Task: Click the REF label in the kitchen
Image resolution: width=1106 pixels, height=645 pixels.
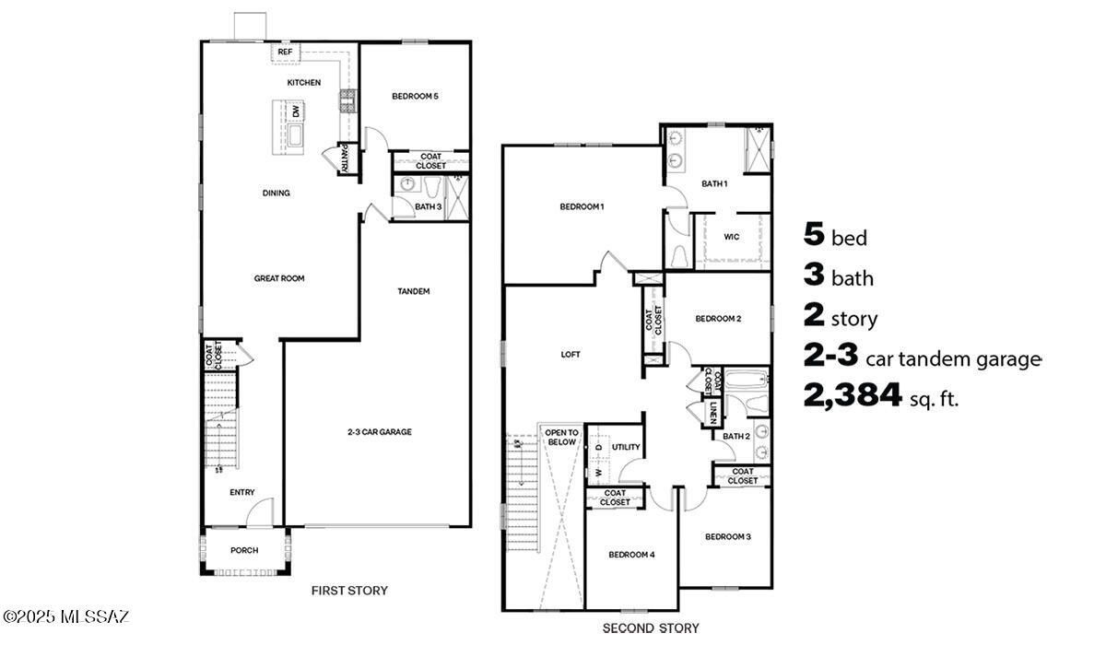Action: pos(286,53)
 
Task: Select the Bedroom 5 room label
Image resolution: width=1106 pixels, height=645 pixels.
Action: pos(414,96)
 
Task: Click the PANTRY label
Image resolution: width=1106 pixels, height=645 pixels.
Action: pos(344,159)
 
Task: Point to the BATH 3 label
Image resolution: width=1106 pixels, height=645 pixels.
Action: pos(428,207)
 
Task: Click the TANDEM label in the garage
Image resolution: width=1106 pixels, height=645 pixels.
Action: pos(413,291)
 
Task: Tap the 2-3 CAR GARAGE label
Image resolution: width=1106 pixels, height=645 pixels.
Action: pos(379,431)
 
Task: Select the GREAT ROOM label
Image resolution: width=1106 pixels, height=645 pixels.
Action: pos(279,278)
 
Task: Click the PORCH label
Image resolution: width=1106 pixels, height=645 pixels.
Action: pos(244,550)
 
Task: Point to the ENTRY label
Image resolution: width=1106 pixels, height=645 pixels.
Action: pos(242,492)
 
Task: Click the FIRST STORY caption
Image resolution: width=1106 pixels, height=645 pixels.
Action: pos(349,591)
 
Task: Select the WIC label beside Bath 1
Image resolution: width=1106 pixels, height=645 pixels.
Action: pos(731,237)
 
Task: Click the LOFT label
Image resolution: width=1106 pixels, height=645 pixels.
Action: pos(571,354)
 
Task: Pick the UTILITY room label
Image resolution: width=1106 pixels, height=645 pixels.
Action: pos(626,447)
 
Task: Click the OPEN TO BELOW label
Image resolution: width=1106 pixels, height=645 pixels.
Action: pos(561,437)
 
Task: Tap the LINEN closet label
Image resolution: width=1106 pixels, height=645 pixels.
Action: pos(714,414)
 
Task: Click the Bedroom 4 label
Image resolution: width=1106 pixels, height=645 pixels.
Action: pos(631,555)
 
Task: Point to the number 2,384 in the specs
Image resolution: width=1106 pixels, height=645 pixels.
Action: pos(853,396)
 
